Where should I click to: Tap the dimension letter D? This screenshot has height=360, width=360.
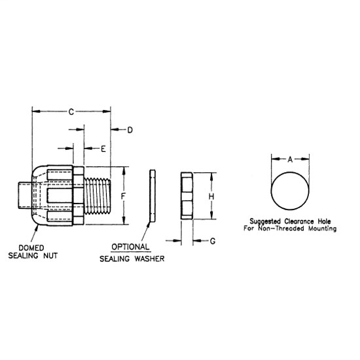130,130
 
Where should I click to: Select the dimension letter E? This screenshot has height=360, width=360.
103,149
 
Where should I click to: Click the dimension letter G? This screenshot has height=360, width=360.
213,242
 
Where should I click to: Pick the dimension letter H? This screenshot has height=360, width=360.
211,195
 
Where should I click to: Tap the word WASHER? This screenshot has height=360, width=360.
147,259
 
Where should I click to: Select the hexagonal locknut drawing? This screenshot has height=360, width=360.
185,195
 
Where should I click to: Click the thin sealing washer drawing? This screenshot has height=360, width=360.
153,195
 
